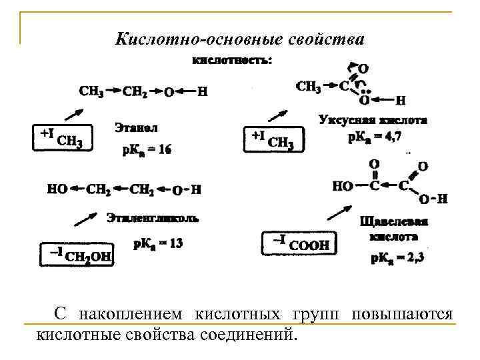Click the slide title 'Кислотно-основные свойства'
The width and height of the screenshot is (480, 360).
(240, 39)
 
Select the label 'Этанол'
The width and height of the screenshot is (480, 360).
(136, 126)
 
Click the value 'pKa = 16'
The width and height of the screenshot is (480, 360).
(146, 150)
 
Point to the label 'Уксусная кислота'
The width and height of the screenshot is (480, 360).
(373, 121)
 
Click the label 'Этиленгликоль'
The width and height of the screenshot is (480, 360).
(153, 217)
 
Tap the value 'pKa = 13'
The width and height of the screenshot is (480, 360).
(158, 243)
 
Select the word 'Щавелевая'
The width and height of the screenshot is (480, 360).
(393, 221)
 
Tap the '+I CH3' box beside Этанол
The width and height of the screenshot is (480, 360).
(61, 138)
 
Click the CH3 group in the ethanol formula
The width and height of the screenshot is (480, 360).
(91, 90)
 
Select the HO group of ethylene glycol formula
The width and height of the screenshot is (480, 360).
(57, 189)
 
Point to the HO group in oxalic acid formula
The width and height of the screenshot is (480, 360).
(343, 186)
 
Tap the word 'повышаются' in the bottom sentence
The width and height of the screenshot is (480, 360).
(403, 313)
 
